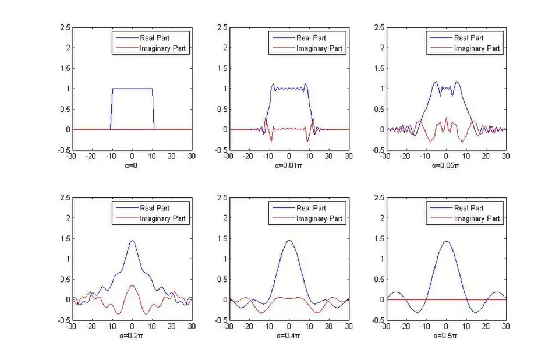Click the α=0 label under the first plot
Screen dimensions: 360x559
click(132, 165)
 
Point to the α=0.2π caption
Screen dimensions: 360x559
click(132, 336)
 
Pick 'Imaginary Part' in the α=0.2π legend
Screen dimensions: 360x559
click(162, 218)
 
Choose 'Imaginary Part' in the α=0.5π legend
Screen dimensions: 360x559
click(477, 218)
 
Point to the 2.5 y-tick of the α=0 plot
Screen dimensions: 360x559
click(66, 27)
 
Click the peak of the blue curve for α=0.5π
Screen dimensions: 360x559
click(446, 241)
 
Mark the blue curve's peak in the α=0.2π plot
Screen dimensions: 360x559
click(132, 241)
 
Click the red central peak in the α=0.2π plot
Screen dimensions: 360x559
click(132, 285)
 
